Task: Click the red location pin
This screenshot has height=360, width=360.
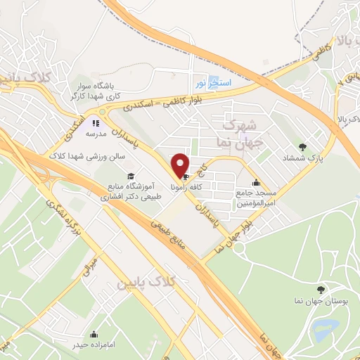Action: pyautogui.click(x=181, y=165)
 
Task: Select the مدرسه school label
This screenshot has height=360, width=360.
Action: pyautogui.click(x=96, y=133)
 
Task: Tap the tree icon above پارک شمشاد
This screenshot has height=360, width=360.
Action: pyautogui.click(x=303, y=147)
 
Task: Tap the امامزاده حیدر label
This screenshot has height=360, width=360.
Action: pyautogui.click(x=94, y=345)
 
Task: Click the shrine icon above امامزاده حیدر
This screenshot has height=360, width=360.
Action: pyautogui.click(x=94, y=334)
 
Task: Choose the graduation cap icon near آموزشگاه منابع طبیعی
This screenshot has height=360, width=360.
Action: pyautogui.click(x=129, y=176)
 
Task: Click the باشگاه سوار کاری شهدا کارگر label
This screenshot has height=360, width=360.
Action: pyautogui.click(x=96, y=92)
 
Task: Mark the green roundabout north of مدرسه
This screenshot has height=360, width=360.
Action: pyautogui.click(x=103, y=112)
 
